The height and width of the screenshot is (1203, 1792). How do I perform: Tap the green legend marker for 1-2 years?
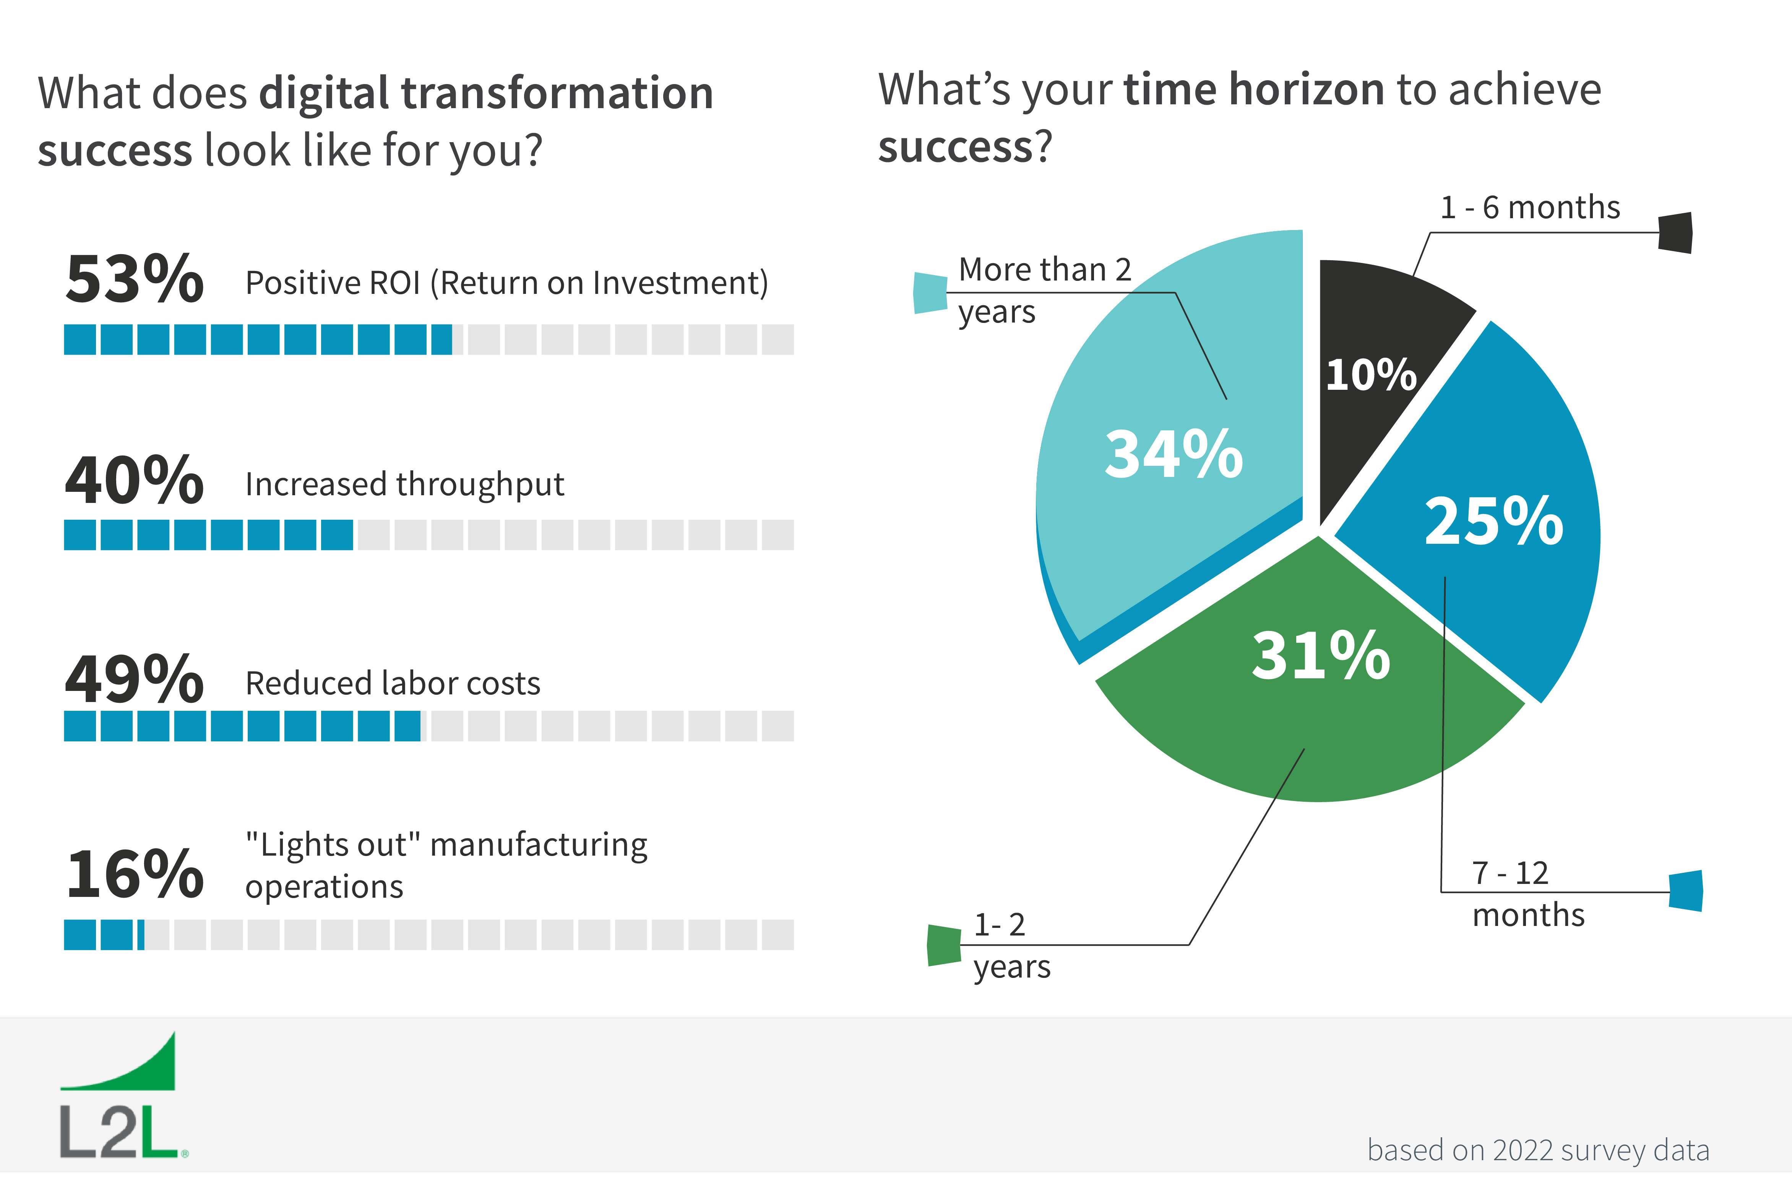tap(944, 945)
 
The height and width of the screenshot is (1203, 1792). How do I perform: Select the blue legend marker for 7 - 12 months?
tap(1686, 891)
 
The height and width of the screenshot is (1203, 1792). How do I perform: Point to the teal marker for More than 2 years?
tap(930, 293)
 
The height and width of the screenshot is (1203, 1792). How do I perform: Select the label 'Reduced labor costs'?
tap(393, 683)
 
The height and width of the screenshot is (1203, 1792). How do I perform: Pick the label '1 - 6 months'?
tap(1530, 207)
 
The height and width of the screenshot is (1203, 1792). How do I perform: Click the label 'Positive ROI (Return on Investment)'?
tap(506, 283)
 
